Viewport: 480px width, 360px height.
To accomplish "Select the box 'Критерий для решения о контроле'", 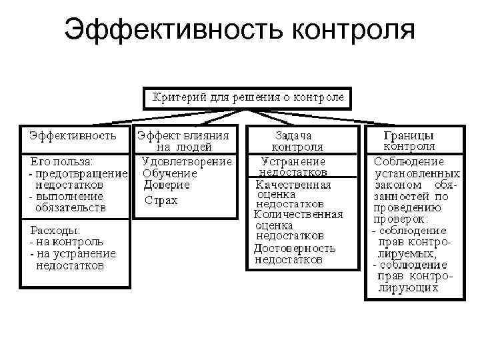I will pos(248,97).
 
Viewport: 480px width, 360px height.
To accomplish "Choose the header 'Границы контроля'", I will pos(409,140).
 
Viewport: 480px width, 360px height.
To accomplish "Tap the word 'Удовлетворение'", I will pos(187,161).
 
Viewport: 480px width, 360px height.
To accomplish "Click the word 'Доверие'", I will pos(167,184).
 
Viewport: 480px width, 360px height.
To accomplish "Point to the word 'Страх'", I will pos(162,200).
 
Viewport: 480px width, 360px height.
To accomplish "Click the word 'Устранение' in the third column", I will pos(293,161).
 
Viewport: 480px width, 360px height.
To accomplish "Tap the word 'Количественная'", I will pos(298,214).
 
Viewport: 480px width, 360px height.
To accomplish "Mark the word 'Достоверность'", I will pos(295,248).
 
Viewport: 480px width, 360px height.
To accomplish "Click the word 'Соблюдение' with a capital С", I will pos(409,161).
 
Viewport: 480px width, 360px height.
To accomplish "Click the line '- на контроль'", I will pos(67,241).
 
